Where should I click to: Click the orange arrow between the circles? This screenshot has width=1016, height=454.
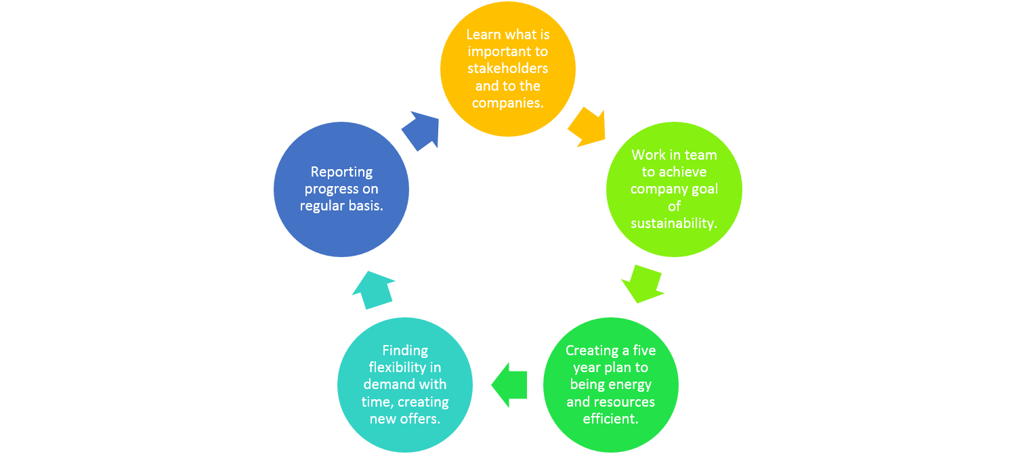(586, 127)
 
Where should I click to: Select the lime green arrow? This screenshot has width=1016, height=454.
(641, 283)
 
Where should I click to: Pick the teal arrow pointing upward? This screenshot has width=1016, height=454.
(373, 289)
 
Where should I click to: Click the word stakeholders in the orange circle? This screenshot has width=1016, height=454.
(508, 68)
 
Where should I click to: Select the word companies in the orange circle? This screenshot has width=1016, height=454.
(505, 103)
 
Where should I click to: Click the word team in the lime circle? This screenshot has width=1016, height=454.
(702, 155)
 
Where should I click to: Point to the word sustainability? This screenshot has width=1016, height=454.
(674, 223)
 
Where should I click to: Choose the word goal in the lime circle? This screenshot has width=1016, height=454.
(705, 189)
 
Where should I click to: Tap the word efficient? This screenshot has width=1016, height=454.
(611, 419)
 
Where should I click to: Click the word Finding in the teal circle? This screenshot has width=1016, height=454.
(405, 350)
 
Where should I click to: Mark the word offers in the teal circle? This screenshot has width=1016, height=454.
(421, 419)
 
